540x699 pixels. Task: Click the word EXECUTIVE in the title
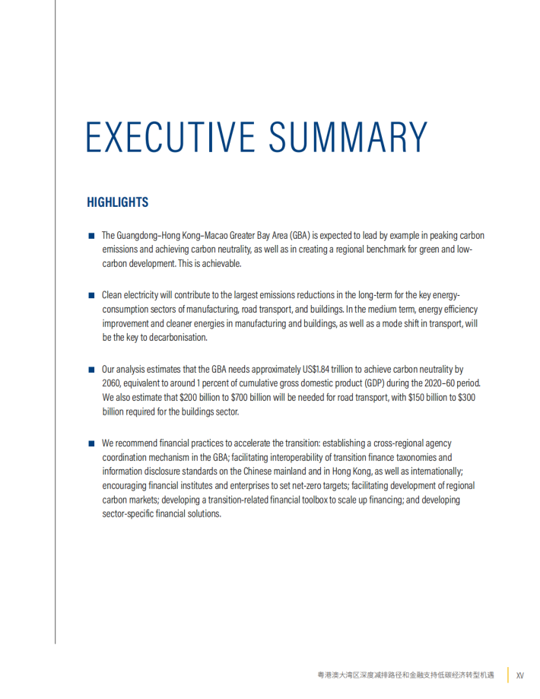(171, 136)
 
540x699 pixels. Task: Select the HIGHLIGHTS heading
(117, 202)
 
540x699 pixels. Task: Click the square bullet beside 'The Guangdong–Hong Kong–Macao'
(91, 236)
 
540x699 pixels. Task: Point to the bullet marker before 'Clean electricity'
(91, 295)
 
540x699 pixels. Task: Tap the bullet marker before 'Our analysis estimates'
(91, 369)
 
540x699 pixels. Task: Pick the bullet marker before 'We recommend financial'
(91, 443)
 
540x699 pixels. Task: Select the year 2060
(112, 383)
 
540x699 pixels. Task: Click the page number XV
(520, 675)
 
